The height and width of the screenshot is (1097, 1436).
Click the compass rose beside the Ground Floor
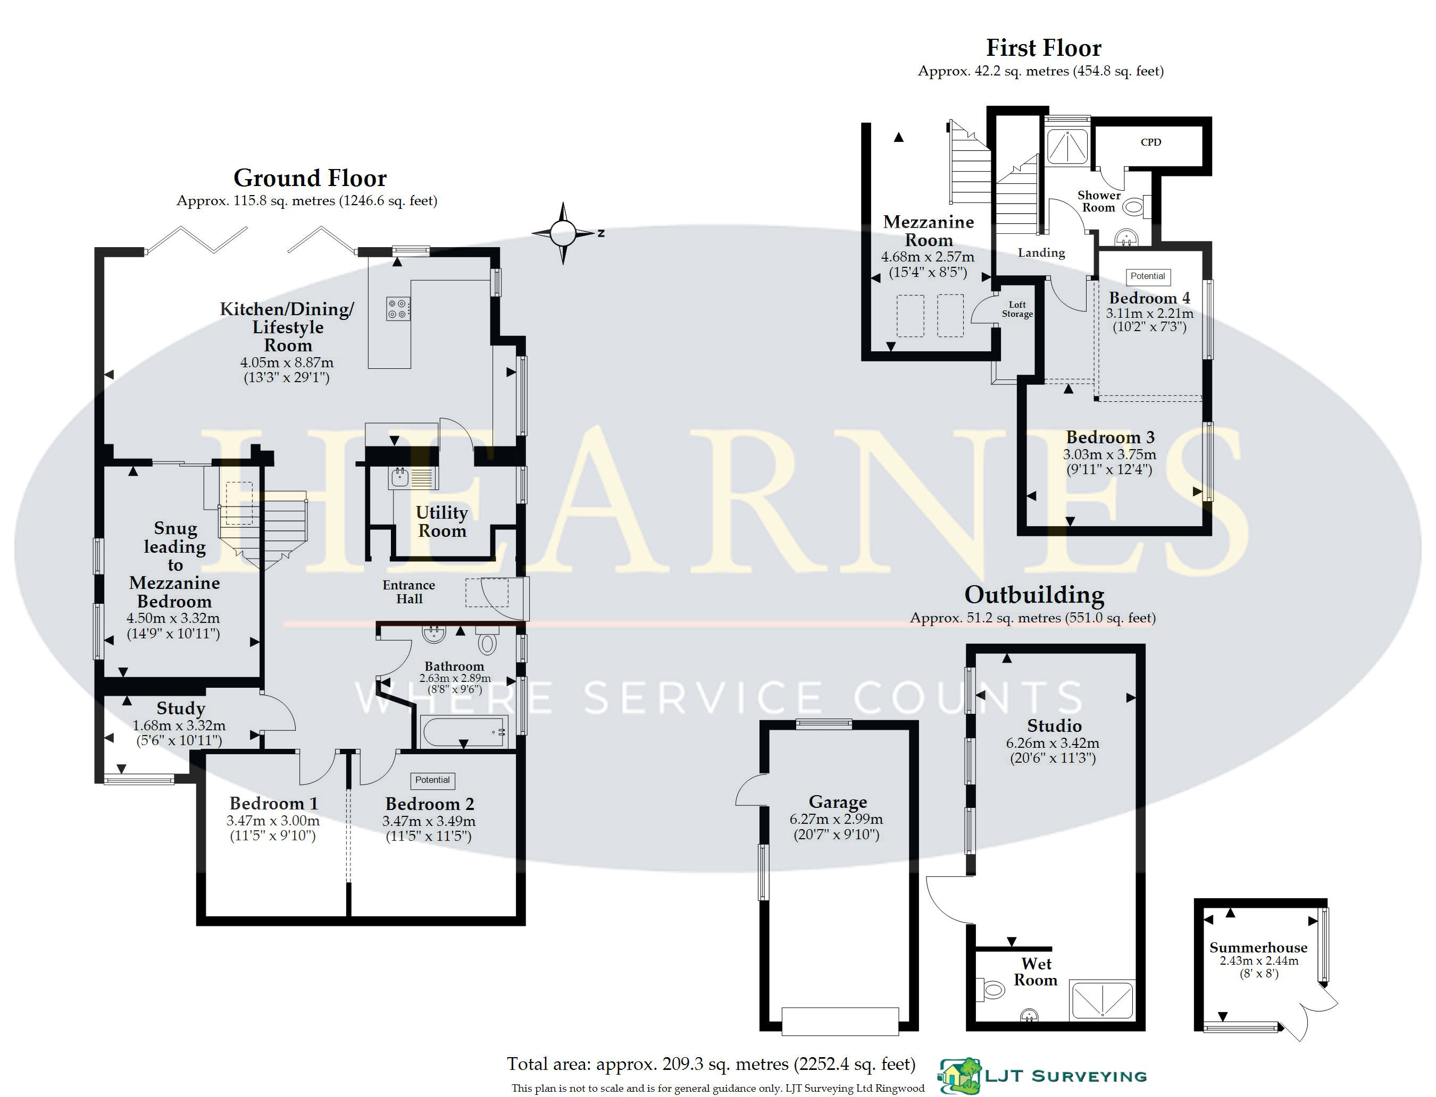click(x=563, y=232)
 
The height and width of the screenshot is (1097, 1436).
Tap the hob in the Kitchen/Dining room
click(x=398, y=309)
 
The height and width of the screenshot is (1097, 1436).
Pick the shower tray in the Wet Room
click(x=1102, y=1000)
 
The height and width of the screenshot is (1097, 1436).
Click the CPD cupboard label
click(x=1151, y=142)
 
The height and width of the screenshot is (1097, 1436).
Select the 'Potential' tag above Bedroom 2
click(x=432, y=780)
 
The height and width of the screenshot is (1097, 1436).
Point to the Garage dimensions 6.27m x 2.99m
click(x=836, y=819)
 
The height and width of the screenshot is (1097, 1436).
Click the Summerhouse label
click(x=1258, y=948)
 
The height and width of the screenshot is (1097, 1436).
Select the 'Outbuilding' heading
click(x=1034, y=595)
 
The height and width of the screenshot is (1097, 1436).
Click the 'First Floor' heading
click(x=1043, y=48)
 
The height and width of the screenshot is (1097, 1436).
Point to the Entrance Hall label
click(x=409, y=592)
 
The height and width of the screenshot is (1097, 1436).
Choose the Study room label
click(x=181, y=708)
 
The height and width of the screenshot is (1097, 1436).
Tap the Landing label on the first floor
click(x=1041, y=252)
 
